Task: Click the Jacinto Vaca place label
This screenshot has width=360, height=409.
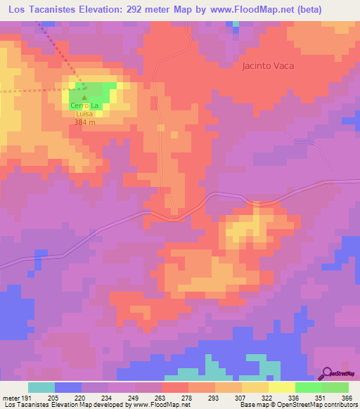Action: [x=266, y=66]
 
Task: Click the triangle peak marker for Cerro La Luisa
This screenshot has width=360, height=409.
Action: [x=84, y=97]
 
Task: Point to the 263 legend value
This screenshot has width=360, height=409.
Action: [x=161, y=397]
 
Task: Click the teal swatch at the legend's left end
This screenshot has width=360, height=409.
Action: [x=41, y=387]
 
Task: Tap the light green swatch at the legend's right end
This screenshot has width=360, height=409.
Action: [x=335, y=387]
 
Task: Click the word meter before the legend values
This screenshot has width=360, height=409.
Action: [x=10, y=397]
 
